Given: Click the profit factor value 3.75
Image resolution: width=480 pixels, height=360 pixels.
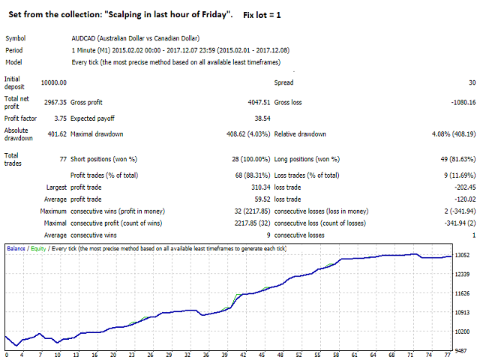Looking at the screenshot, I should [58, 118].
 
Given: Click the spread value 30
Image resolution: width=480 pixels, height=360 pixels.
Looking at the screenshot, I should [472, 82].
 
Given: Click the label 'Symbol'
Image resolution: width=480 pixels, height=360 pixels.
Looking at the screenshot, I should [16, 38].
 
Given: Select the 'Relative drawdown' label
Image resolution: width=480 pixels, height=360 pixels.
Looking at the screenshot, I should [300, 134].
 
